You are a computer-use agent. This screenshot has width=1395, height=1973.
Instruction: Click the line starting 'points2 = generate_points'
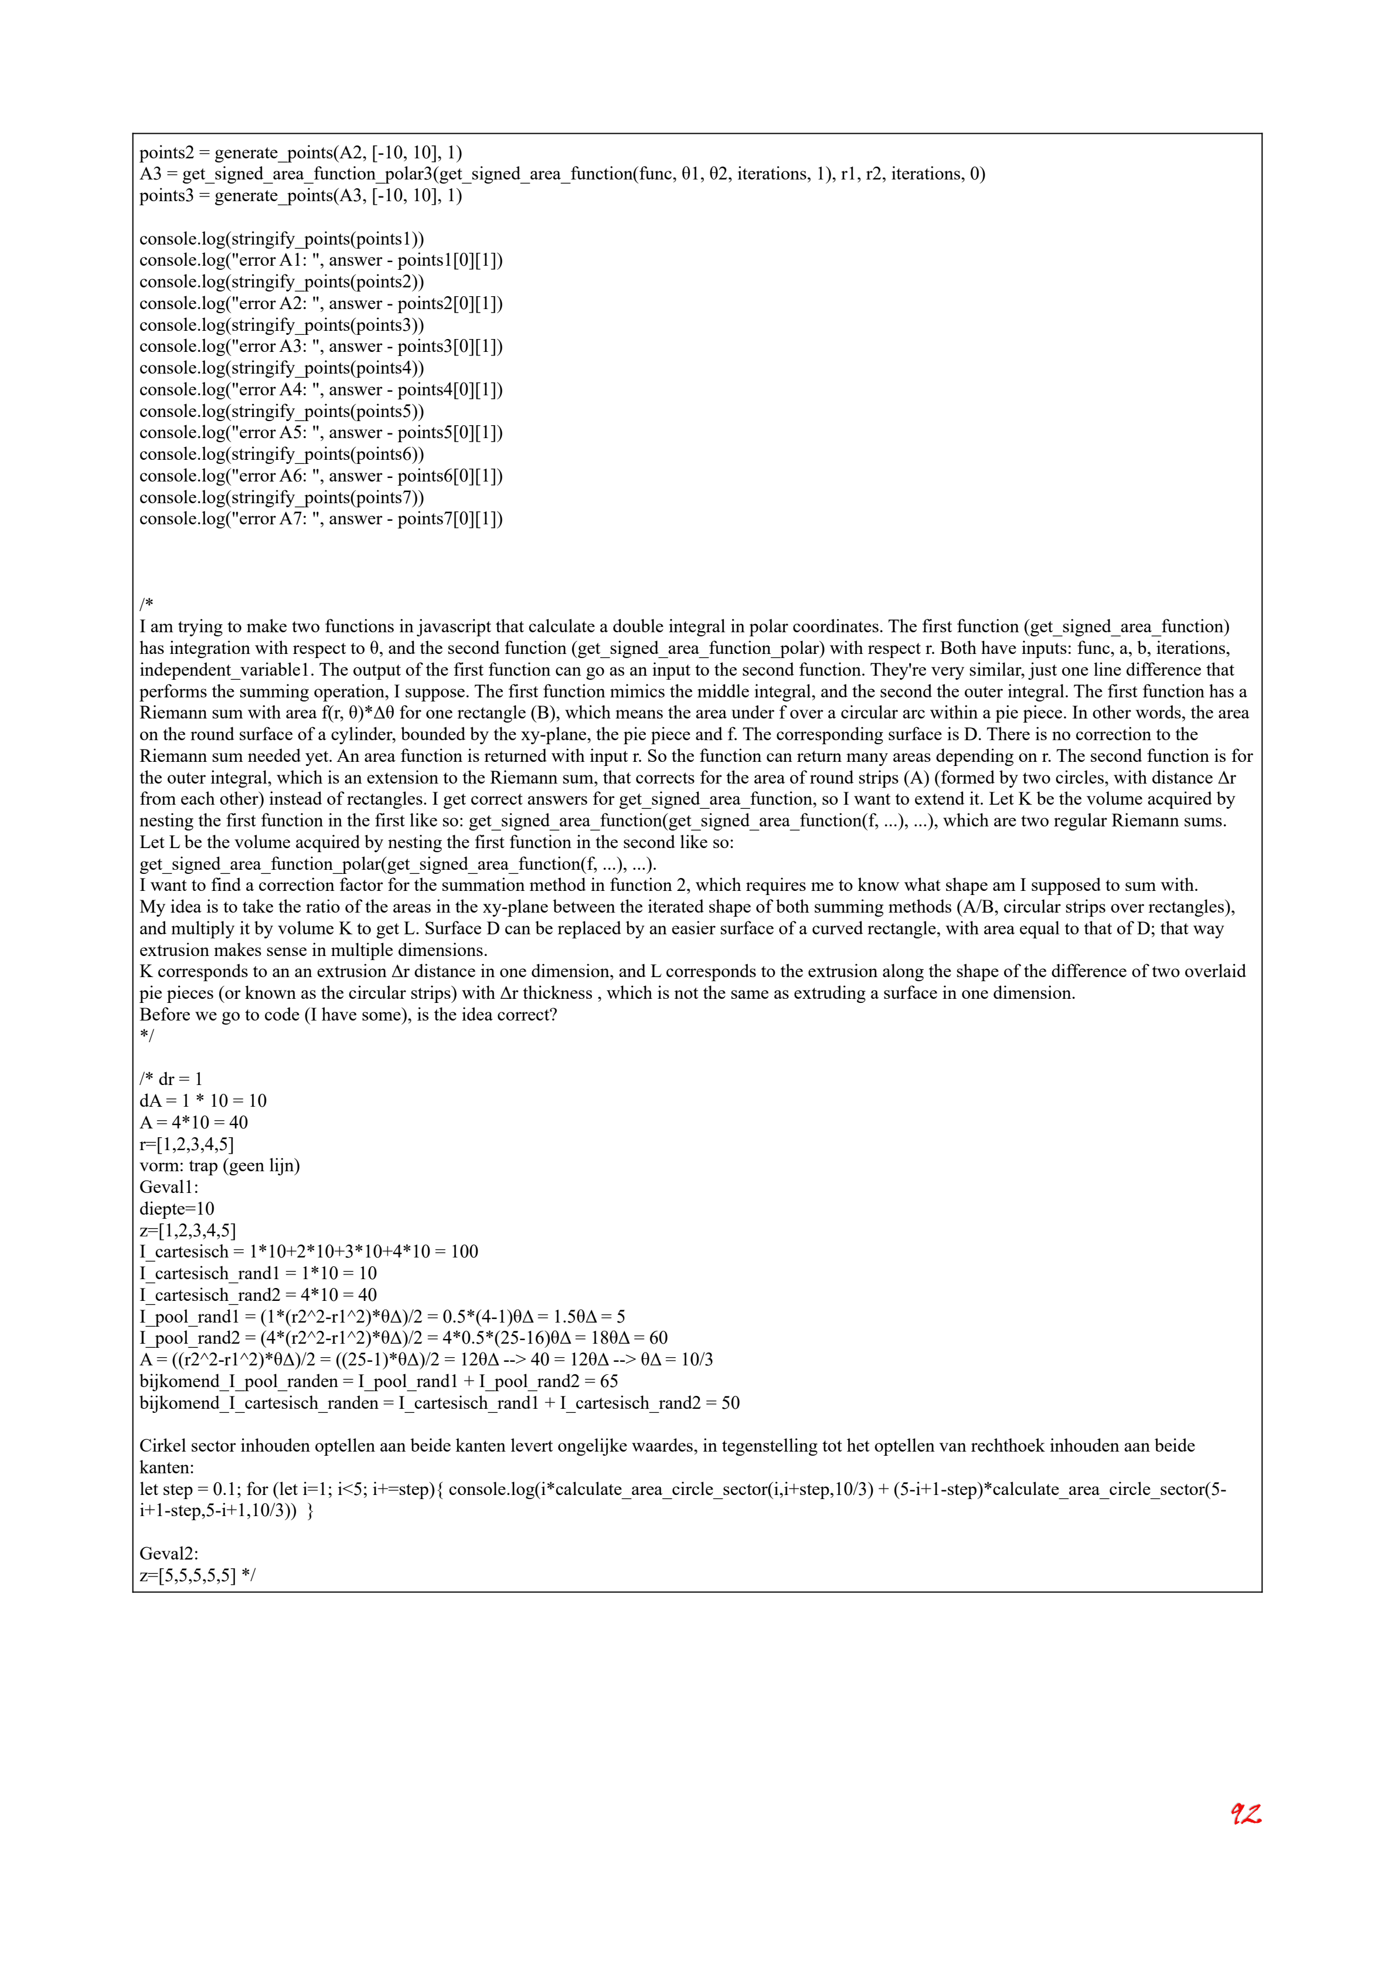301,153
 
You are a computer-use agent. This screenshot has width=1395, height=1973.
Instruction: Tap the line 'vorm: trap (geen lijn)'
220,1166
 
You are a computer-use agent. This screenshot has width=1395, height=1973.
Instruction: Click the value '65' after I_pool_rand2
608,1382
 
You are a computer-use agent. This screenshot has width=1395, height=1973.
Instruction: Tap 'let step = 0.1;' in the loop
189,1489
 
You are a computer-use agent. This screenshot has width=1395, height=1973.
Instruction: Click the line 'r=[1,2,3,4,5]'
186,1145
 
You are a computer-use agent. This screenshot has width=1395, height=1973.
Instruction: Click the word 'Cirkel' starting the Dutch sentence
162,1446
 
